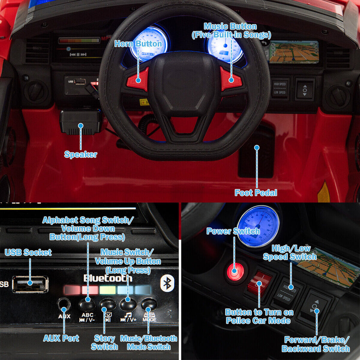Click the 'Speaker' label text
[x=81, y=154]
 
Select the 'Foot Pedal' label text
[x=256, y=193]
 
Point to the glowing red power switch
[x=235, y=271]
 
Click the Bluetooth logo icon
[x=167, y=283]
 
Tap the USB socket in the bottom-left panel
[x=30, y=284]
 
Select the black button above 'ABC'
[x=87, y=305]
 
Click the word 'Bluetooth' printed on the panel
[x=108, y=278]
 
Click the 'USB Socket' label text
[x=28, y=252]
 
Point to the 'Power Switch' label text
[x=233, y=231]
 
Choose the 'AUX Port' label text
[x=61, y=338]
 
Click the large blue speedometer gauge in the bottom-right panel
[x=258, y=226]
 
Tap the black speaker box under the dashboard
[x=81, y=122]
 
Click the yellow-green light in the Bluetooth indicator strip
[x=108, y=290]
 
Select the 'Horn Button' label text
[x=138, y=44]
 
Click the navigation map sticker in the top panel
[x=294, y=52]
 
